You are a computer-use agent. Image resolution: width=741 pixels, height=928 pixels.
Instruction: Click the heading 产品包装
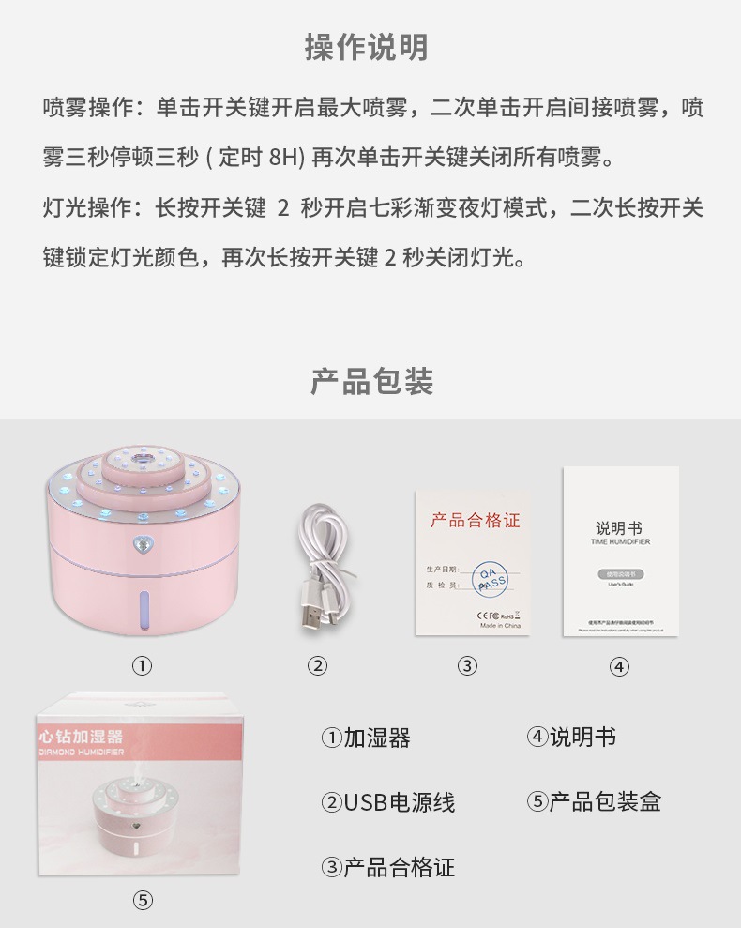coord(371,381)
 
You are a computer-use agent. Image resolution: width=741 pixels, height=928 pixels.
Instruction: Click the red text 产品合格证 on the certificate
coord(475,521)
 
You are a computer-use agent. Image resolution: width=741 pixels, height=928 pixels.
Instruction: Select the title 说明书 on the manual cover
coord(619,528)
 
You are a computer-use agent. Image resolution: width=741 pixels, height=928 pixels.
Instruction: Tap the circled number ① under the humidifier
coord(141,666)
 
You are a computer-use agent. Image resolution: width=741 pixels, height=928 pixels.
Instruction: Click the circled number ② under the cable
coord(317,666)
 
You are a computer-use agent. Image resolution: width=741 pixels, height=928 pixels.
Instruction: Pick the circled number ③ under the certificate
coord(467,666)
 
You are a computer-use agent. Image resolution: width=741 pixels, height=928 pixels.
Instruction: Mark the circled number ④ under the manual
coord(619,666)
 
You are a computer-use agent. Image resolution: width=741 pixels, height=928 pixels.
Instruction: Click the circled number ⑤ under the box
coord(142,900)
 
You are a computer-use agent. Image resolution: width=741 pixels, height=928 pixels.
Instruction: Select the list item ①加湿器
coord(366,738)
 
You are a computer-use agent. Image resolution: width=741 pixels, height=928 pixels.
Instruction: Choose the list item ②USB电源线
coord(387,802)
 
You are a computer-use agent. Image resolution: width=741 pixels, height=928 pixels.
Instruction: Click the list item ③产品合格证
coord(387,867)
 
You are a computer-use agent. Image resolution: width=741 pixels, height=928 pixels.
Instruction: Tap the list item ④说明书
coord(570,738)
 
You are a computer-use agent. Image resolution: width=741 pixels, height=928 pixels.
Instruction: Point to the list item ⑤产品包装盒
coord(593,802)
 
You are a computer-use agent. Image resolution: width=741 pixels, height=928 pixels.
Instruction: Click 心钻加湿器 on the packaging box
coord(82,738)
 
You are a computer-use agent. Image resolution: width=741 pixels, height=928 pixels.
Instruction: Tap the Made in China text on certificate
coord(500,625)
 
